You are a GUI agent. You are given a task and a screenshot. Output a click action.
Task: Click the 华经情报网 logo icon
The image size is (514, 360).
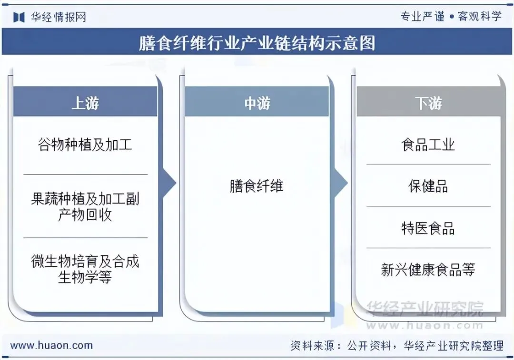(19, 18)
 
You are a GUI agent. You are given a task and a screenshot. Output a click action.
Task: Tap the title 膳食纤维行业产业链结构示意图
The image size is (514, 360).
(257, 43)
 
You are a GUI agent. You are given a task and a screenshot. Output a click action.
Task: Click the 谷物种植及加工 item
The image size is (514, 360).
(85, 145)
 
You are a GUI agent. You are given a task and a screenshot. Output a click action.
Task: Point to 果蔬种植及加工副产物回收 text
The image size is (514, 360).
(85, 206)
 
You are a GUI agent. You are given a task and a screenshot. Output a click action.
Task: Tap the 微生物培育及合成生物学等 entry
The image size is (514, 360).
(85, 269)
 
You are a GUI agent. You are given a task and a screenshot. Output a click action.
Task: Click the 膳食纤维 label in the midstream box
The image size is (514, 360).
(257, 185)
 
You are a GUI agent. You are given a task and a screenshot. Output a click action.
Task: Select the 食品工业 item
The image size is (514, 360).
(428, 145)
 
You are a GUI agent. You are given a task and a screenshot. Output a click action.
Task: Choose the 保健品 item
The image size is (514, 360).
(428, 186)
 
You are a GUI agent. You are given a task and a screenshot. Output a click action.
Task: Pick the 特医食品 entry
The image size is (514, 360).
(428, 228)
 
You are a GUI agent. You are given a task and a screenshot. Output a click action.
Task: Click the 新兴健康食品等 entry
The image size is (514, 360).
(428, 270)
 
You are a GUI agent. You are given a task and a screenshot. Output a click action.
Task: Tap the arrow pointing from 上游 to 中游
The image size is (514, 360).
(169, 183)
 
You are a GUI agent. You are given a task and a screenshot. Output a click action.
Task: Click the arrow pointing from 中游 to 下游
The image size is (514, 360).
(341, 183)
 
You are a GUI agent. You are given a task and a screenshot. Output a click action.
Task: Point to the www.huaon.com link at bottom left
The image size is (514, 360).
(51, 346)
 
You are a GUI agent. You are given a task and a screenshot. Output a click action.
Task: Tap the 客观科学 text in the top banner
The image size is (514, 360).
(479, 17)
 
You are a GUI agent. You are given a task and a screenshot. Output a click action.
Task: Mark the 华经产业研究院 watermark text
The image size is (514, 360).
(425, 309)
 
